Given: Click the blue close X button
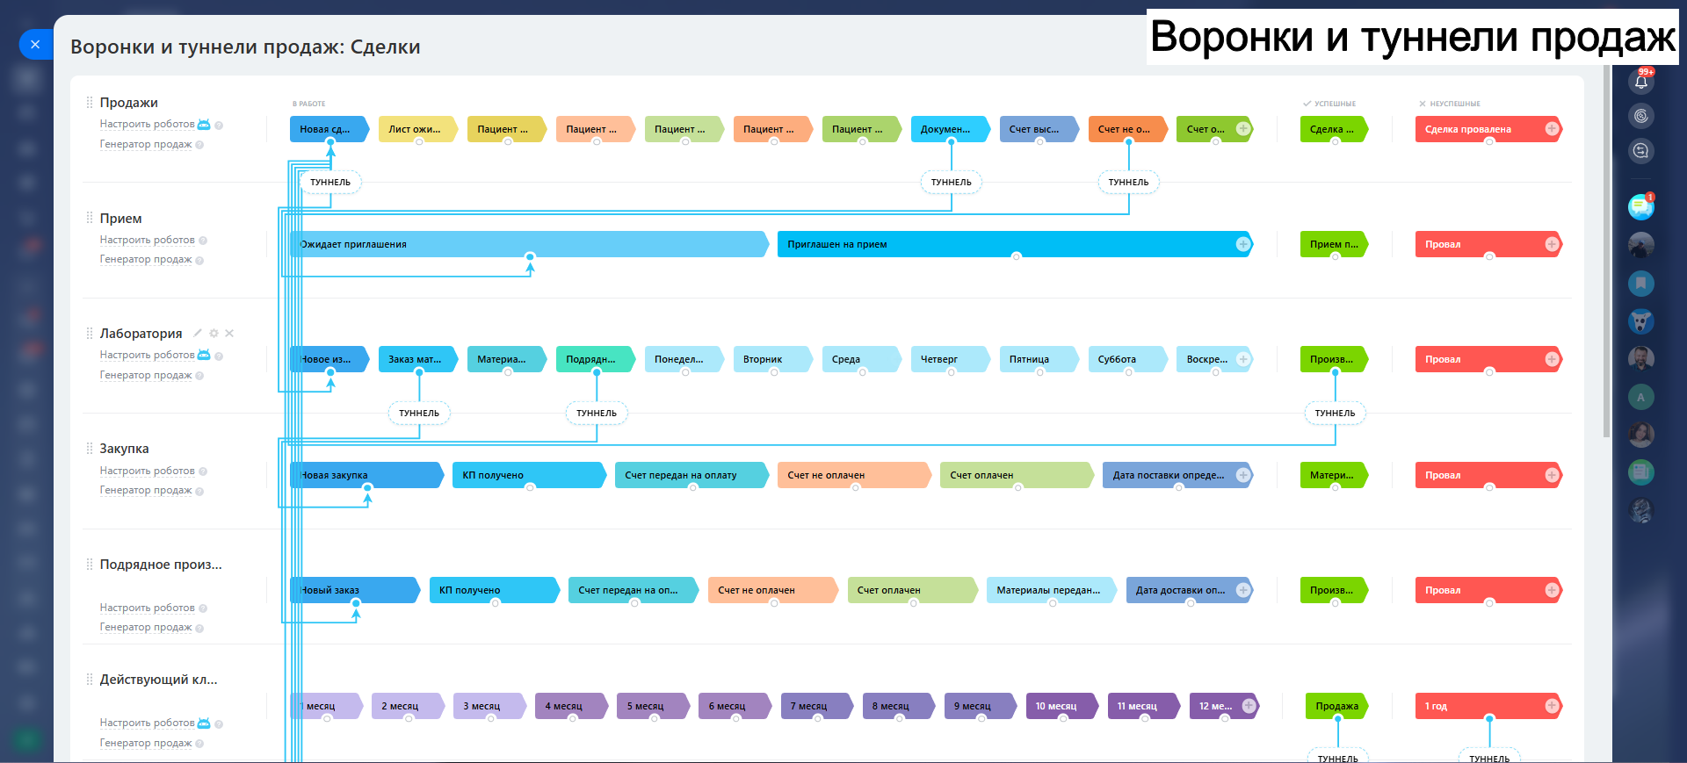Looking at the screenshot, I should point(35,44).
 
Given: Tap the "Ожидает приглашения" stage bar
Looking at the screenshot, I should point(527,244).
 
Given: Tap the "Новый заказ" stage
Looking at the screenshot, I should point(351,590).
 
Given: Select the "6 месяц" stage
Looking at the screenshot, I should point(730,706).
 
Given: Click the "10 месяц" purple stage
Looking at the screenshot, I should point(1059,706).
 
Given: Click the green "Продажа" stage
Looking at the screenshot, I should point(1336,706).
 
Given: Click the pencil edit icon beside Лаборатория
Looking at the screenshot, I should point(198,333).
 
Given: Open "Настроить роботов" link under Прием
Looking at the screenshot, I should point(147,240).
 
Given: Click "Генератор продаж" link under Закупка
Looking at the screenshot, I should point(145,490).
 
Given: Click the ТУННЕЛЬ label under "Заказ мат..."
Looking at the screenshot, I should point(419,413).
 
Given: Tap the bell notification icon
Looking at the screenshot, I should point(1640,82).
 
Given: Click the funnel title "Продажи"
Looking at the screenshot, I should point(128,103).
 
